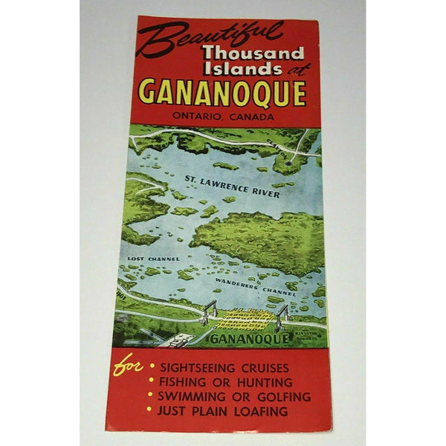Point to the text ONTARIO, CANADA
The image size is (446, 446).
click(222, 117)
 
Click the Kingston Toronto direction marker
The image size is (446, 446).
click(311, 339)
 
